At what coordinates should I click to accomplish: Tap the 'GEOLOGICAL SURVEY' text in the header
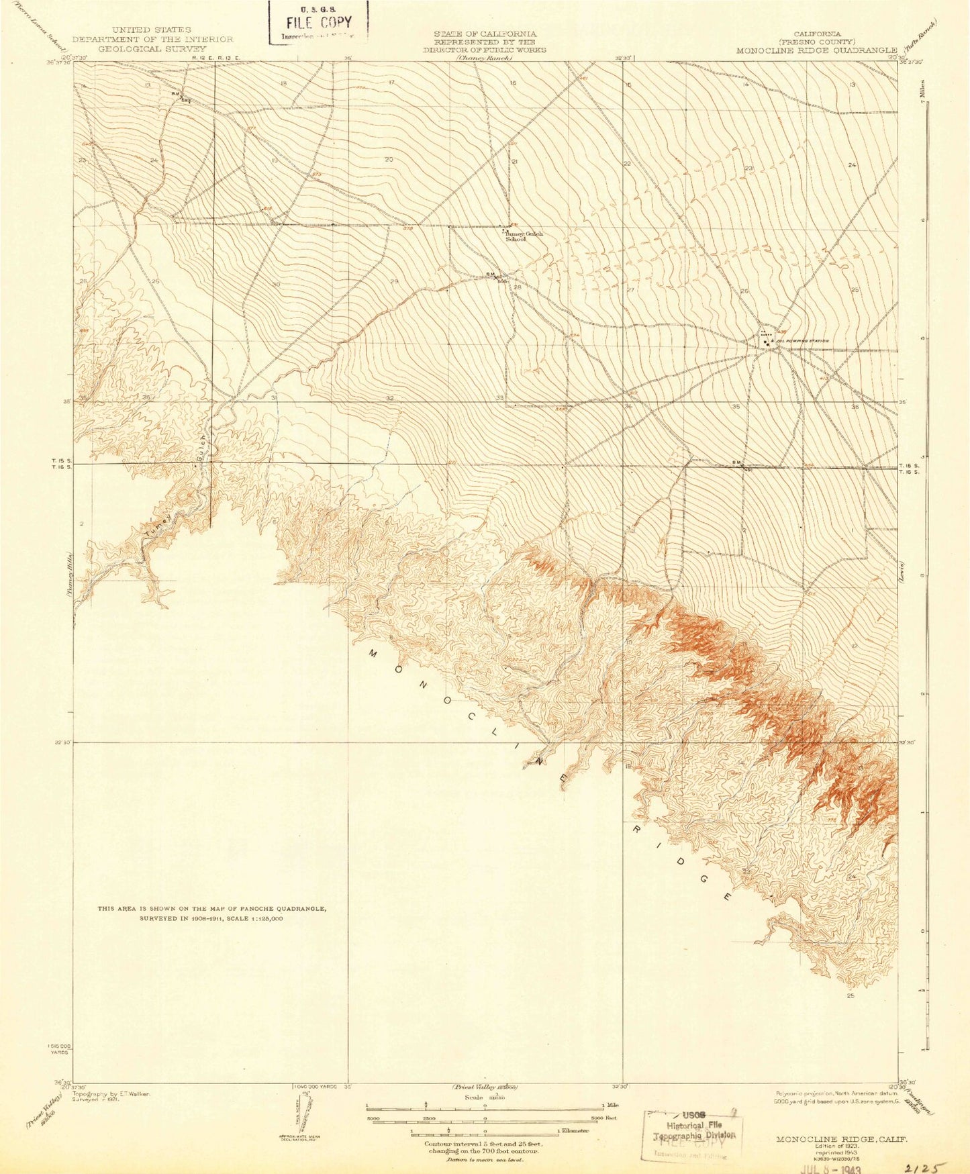click(152, 49)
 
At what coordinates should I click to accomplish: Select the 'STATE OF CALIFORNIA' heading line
click(485, 34)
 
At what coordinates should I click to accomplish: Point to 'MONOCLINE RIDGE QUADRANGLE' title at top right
click(816, 50)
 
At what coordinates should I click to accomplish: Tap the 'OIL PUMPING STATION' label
click(803, 341)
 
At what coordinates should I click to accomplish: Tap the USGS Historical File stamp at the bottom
click(691, 1134)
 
